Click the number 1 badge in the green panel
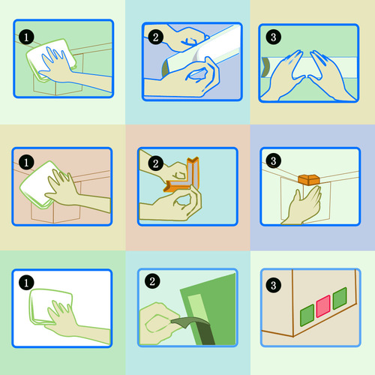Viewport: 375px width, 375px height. pos(26,37)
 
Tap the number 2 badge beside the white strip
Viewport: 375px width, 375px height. pos(155,37)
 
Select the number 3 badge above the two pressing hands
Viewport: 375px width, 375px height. pos(273,37)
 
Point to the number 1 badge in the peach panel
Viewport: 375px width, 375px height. pos(26,162)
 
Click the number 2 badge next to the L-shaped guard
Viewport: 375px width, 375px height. pos(155,163)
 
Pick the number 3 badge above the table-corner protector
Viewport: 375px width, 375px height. pos(273,160)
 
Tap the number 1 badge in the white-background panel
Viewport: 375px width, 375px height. pos(26,283)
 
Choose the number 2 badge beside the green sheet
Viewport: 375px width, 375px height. pos(152,281)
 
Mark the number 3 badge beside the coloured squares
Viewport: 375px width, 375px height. pos(273,285)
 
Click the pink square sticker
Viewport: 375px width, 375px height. pos(323,306)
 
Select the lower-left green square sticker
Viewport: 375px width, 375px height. pos(307,315)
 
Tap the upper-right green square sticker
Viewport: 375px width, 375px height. pos(340,298)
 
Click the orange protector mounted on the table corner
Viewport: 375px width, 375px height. pos(309,180)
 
